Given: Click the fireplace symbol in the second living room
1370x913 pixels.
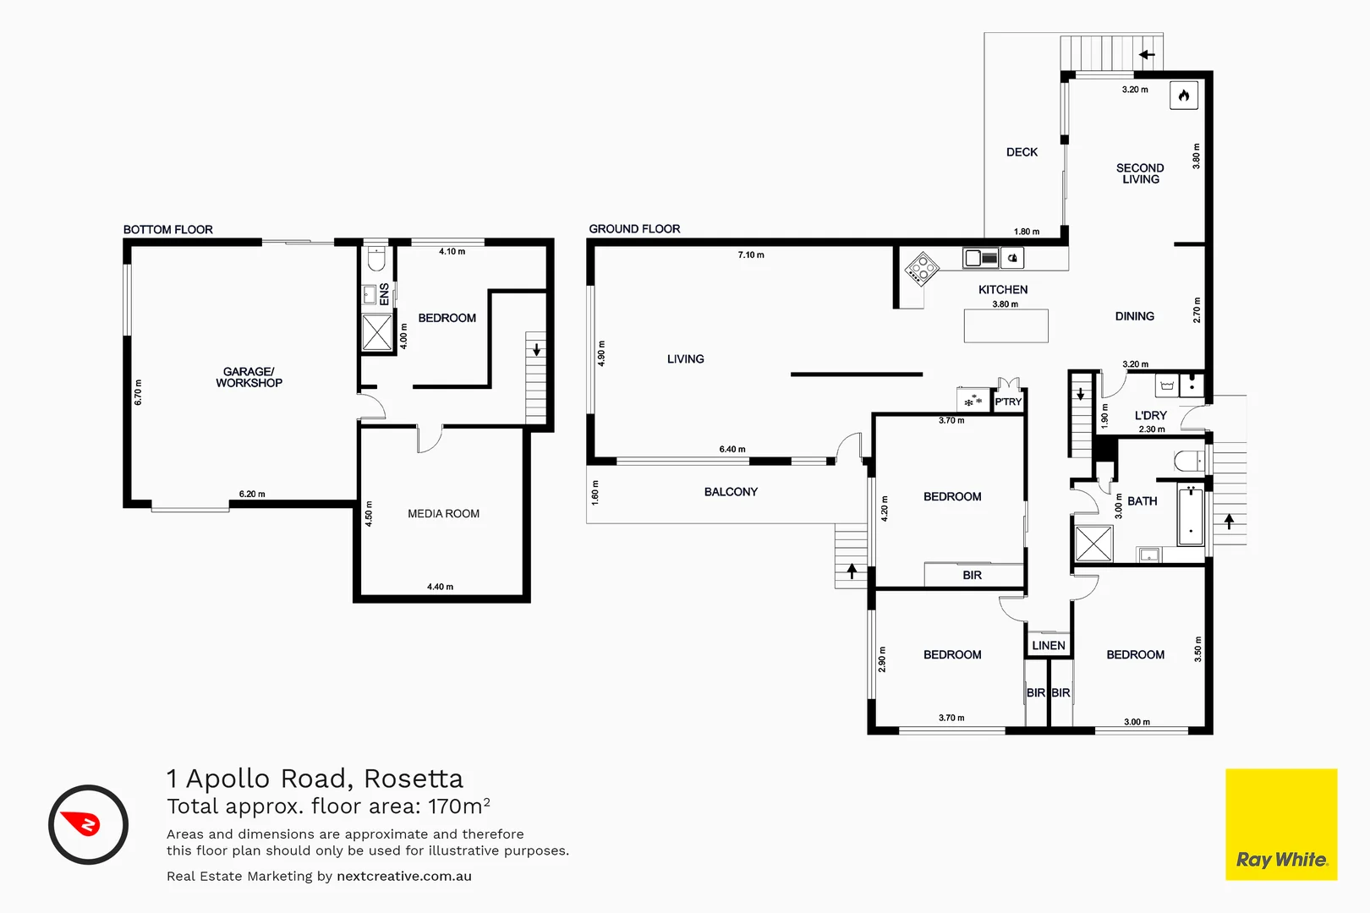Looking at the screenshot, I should point(1183,96).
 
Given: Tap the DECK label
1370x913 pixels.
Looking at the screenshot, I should point(1022,152).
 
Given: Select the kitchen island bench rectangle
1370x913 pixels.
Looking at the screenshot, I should point(1006,325).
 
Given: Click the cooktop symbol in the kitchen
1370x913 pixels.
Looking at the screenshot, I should point(922,270).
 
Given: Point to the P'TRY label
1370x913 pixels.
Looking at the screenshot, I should point(1008,402).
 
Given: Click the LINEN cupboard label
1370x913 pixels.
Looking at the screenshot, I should point(1049,645).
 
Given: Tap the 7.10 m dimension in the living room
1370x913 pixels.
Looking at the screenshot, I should point(751,254).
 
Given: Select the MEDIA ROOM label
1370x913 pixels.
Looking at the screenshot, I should point(443,513).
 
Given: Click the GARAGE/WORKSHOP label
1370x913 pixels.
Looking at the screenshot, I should point(249,377).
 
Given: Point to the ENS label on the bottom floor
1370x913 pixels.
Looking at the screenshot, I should point(384,294).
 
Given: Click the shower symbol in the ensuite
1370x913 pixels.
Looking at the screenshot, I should point(377,332).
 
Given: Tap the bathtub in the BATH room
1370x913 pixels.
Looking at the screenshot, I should point(1191,515).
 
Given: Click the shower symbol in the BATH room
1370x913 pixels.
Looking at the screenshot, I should point(1093,544).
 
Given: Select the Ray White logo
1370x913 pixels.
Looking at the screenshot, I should point(1280,824).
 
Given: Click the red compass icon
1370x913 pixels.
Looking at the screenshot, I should point(88,824).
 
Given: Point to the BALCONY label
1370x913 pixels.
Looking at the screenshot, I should point(731,491).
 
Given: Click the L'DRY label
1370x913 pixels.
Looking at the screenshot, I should point(1150,415).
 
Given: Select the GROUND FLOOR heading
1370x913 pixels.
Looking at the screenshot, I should point(634,228).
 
